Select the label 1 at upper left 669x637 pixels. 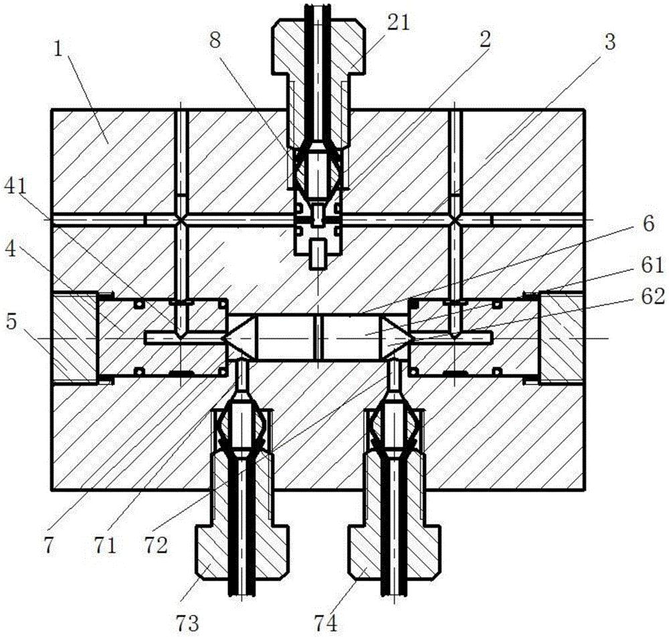tap(59, 51)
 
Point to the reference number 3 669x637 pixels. tap(609, 42)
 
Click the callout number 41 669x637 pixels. tap(15, 188)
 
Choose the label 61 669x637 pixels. tap(652, 265)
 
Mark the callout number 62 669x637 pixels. tap(652, 296)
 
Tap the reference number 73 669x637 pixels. tap(187, 624)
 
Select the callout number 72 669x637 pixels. tap(155, 546)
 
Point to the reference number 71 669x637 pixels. tap(105, 546)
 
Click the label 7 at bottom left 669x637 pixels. tap(49, 546)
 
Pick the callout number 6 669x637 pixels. tap(648, 224)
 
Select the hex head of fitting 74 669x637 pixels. tap(394, 553)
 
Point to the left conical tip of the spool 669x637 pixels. tap(239, 338)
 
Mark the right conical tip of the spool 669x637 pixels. tap(397, 338)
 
